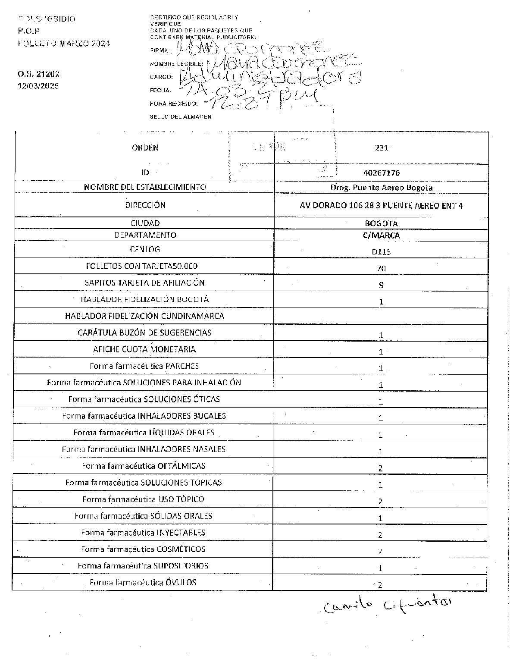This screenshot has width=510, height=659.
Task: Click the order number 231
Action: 382,148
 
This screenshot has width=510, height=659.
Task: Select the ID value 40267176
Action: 382,173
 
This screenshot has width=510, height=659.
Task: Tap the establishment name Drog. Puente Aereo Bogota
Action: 381,188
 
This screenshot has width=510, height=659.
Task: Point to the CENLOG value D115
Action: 381,251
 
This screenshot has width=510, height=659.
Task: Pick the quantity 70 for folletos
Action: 381,268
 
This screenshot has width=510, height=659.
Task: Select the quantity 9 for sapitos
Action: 381,285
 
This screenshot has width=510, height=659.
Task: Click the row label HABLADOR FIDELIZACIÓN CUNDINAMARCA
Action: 144,316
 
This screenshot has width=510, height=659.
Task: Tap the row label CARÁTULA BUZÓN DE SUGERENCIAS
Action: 144,333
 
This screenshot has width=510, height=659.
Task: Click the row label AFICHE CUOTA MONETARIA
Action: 144,349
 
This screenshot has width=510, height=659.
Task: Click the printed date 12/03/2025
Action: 38,86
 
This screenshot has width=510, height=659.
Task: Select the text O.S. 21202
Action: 38,74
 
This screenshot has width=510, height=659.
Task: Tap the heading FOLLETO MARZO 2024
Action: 64,44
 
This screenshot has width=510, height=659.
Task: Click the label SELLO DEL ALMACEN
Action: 181,116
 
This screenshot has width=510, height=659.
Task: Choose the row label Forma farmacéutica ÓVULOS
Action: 143,583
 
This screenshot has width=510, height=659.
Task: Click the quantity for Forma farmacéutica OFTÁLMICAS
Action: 381,468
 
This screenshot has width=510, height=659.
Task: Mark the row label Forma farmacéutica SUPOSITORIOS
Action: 143,566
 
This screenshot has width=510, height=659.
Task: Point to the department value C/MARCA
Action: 382,235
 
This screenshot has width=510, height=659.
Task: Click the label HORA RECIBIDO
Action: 174,104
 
